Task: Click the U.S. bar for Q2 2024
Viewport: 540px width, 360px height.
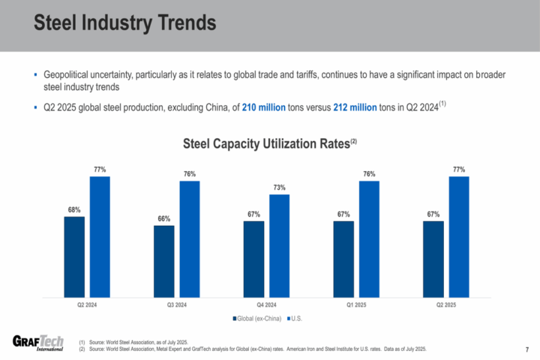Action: (x=100, y=236)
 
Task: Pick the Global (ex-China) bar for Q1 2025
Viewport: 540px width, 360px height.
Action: (x=343, y=259)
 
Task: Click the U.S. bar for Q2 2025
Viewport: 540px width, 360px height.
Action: (x=459, y=236)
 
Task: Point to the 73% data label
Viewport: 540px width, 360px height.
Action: (x=279, y=187)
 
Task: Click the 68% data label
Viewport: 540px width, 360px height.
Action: (x=74, y=210)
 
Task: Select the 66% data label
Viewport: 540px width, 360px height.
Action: (x=164, y=218)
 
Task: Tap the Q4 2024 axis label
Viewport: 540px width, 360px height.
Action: (x=267, y=305)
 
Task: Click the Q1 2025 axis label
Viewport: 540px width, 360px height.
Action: (x=356, y=305)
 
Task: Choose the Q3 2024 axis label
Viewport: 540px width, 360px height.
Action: (x=177, y=305)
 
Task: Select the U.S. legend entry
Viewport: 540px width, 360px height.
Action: (x=295, y=319)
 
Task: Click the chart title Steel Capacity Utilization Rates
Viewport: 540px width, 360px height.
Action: (x=267, y=142)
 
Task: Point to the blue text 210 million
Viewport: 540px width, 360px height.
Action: (x=263, y=108)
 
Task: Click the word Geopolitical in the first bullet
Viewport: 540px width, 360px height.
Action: (x=67, y=76)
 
